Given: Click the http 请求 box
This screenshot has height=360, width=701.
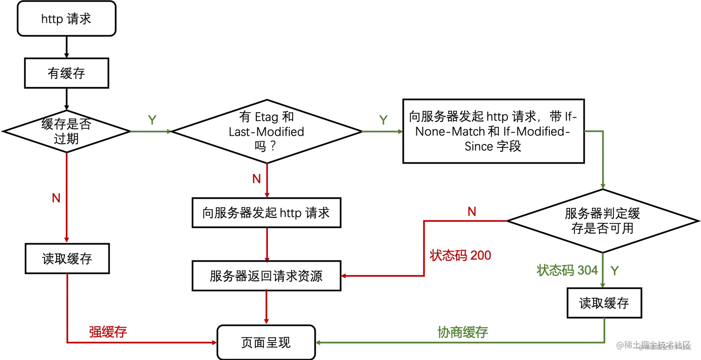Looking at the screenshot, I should (66, 19).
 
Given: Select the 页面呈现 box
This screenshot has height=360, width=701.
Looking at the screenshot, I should (266, 342).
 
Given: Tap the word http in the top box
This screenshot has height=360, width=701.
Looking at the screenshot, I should (51, 19).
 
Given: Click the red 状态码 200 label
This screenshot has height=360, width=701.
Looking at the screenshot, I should (461, 255).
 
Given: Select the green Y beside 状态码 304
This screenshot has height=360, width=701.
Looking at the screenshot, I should (615, 271).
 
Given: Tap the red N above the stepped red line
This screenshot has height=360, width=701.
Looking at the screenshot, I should (471, 212).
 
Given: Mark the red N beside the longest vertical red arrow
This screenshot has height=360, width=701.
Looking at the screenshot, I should (56, 198).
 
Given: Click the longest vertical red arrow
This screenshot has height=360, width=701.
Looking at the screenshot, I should (66, 197).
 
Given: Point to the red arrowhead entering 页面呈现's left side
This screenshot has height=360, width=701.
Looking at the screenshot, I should (214, 342).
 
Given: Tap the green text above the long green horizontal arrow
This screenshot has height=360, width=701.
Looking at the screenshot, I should (462, 331).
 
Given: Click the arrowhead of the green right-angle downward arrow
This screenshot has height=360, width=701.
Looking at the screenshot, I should (602, 185).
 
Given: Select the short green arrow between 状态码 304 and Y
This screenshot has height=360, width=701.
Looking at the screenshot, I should (603, 270).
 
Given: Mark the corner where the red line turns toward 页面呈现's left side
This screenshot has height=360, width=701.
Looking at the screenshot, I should (66, 342).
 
